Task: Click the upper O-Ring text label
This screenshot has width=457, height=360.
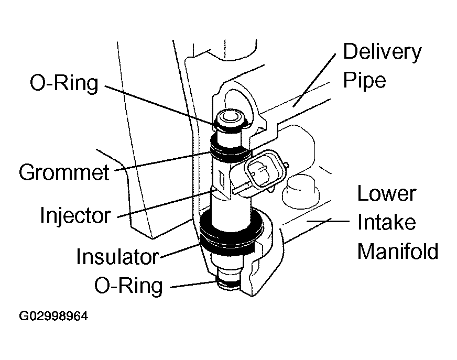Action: click(64, 83)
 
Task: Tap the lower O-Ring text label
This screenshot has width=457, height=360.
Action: click(129, 286)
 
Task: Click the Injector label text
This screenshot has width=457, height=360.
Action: click(75, 215)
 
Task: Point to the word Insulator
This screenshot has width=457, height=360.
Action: click(117, 257)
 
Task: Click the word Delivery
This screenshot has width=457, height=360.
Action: click(382, 52)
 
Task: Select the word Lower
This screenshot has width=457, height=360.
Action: click(386, 194)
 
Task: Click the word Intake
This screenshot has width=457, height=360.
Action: click(386, 222)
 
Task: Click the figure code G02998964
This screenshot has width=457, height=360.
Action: click(53, 317)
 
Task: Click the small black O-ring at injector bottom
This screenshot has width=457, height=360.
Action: click(229, 285)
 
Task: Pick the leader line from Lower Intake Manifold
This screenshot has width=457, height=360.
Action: click(328, 222)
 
